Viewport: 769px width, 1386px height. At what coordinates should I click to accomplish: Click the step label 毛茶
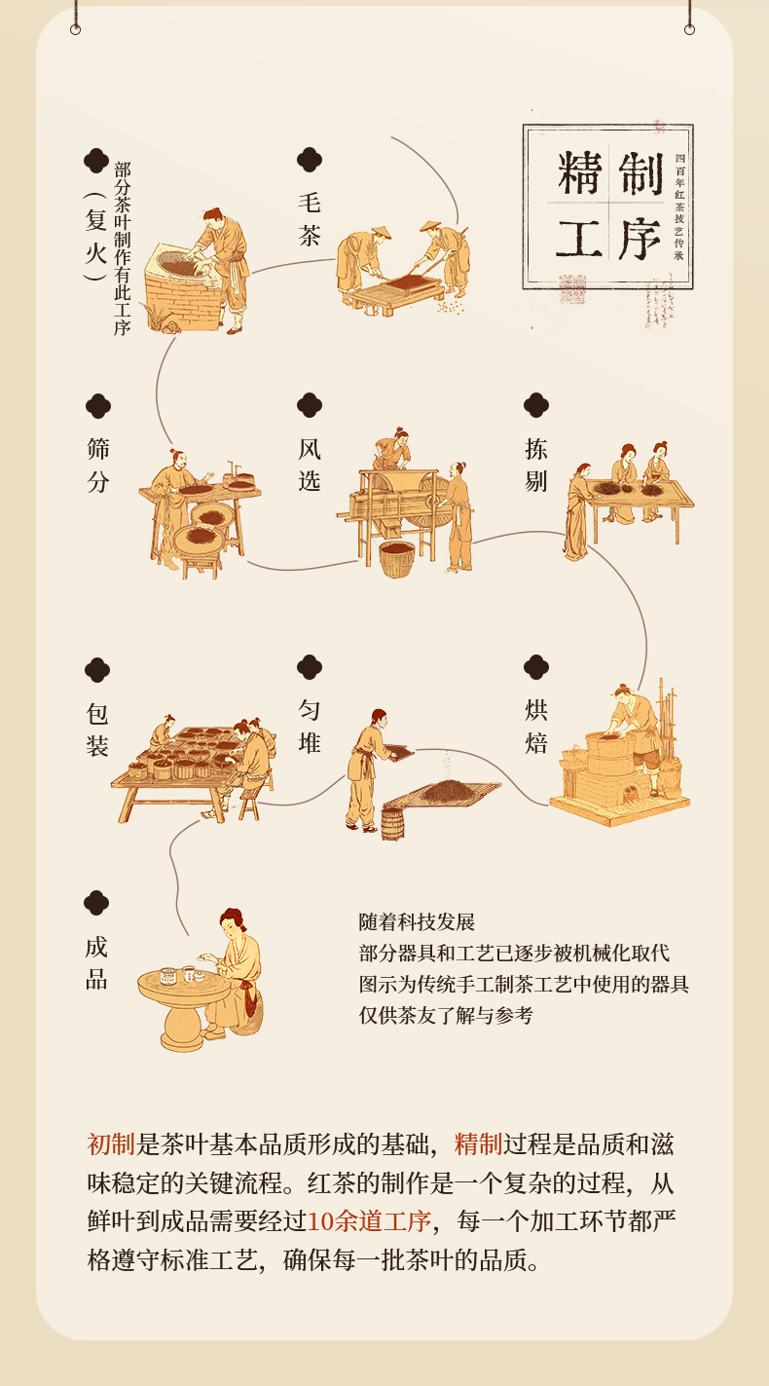pos(310,219)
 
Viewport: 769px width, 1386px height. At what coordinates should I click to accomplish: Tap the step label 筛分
pos(97,465)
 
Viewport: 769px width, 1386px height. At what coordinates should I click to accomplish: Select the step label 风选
pos(310,465)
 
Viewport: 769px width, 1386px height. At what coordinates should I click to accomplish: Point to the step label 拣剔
pos(536,465)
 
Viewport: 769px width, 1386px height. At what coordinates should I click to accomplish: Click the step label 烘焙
pos(536,728)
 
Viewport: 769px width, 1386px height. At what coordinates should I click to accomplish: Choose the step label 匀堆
pos(310,728)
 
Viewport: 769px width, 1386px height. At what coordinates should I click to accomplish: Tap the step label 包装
pos(97,730)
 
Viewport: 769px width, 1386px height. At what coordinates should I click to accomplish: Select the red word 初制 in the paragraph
pos(108,1143)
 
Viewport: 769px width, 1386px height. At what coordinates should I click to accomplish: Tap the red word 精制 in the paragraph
pos(477,1143)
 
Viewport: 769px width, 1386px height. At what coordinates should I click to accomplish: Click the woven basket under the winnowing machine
pos(396,559)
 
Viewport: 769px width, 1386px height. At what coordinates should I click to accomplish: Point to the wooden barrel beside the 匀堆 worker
pos(392,823)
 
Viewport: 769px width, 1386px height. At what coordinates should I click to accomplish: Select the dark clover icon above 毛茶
pos(310,160)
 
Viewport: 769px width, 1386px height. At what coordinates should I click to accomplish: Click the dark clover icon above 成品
pos(96,903)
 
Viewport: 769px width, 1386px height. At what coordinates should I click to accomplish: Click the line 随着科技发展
pos(417,922)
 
